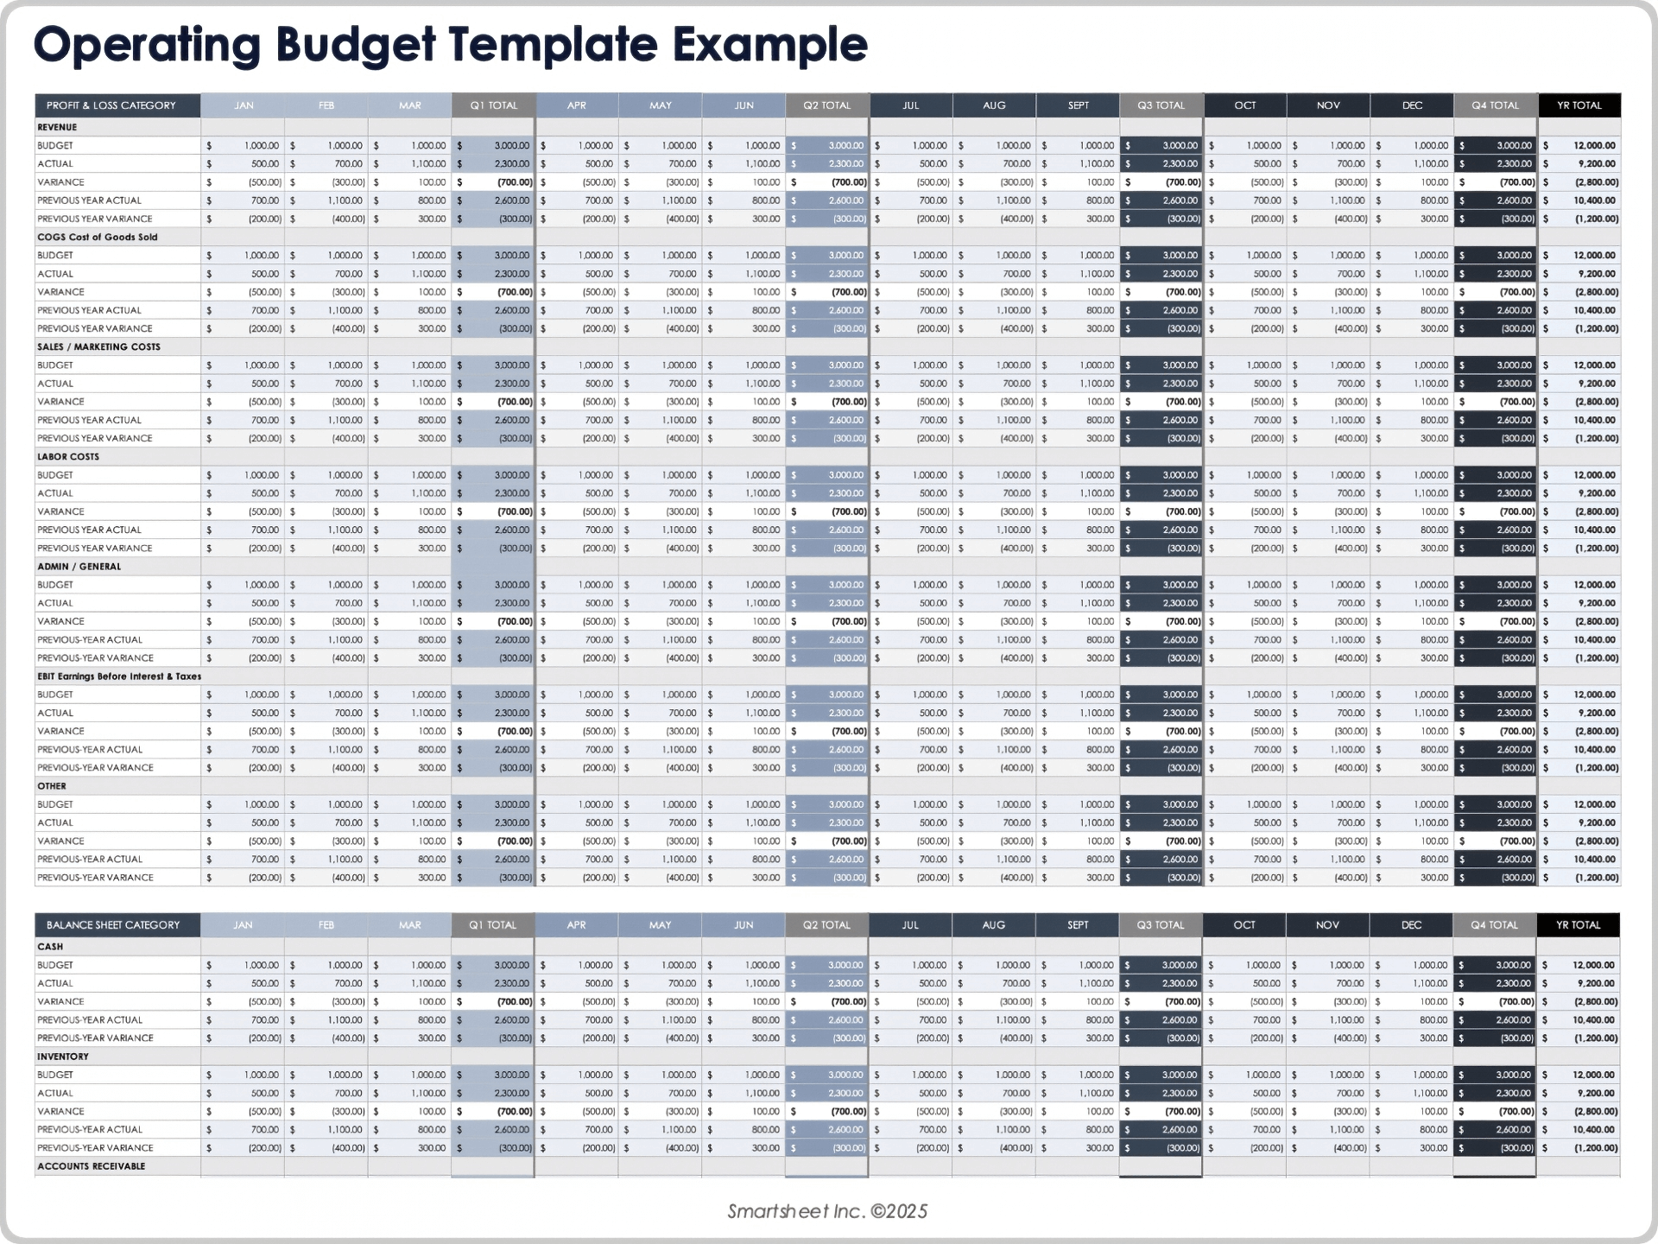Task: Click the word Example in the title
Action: [769, 45]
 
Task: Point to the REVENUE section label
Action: [57, 127]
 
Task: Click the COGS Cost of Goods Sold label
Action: [98, 237]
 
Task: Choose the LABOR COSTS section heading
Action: [68, 456]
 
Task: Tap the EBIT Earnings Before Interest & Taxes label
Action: [119, 676]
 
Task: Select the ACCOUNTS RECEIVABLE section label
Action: [92, 1166]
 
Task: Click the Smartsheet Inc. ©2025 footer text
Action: [827, 1211]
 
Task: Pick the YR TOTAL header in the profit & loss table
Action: [1579, 105]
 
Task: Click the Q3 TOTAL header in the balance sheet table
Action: [1161, 925]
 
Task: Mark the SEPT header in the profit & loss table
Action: [1079, 105]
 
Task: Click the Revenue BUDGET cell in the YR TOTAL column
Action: [1580, 146]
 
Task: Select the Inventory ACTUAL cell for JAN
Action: [244, 1093]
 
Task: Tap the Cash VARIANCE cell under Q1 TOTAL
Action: [494, 1002]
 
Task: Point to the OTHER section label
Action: [52, 786]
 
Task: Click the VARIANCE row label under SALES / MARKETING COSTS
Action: [60, 402]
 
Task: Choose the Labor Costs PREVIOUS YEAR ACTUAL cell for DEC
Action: [1413, 530]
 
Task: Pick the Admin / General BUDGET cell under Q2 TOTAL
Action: [827, 585]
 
